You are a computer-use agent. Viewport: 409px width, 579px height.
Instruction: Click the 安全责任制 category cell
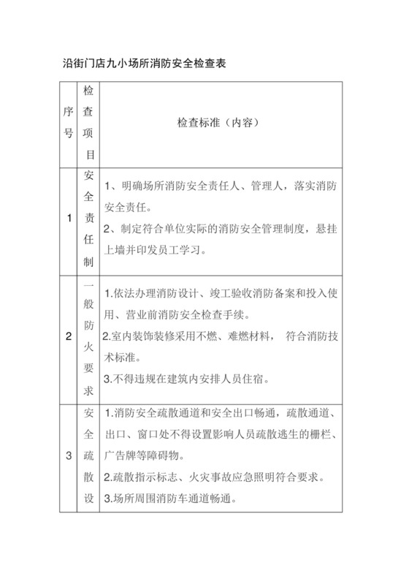click(x=89, y=217)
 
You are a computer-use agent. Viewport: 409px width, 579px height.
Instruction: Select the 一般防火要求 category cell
click(x=89, y=337)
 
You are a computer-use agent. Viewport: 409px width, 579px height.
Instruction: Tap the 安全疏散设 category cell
click(x=89, y=457)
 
